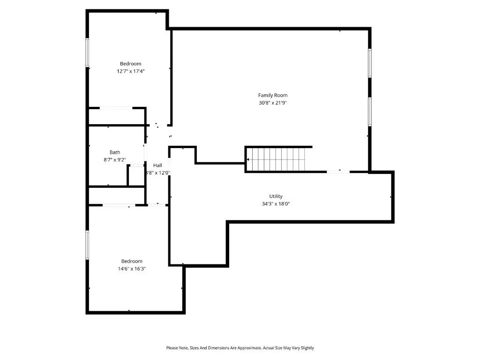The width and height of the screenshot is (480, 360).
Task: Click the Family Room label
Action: (x=272, y=95)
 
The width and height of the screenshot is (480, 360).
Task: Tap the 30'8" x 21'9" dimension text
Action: (x=272, y=103)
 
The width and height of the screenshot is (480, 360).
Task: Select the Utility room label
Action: (x=276, y=196)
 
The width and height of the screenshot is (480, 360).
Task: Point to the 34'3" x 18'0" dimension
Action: (x=276, y=204)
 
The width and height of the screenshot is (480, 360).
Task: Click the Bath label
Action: (x=115, y=152)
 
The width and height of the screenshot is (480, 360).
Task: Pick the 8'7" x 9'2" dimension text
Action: (x=115, y=160)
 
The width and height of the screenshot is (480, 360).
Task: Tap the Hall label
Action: (x=157, y=165)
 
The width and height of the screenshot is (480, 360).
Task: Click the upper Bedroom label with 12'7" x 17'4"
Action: (x=130, y=64)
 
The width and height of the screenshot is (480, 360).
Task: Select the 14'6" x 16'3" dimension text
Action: (x=132, y=269)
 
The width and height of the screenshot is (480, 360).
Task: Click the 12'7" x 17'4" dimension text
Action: (x=130, y=71)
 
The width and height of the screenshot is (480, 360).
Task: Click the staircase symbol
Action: (x=276, y=159)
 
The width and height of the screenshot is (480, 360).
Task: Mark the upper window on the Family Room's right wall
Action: (x=370, y=63)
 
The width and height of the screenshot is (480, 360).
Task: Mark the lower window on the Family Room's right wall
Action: (x=370, y=111)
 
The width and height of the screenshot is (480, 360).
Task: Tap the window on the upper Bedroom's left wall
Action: (x=87, y=52)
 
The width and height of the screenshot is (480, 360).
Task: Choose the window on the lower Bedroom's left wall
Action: (x=87, y=244)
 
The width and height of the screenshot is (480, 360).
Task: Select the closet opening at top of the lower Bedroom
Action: (x=119, y=205)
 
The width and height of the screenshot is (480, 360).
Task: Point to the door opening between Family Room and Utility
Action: (x=338, y=172)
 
